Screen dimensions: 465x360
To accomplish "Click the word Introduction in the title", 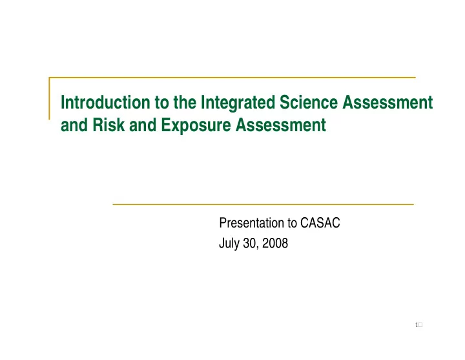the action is (105, 102).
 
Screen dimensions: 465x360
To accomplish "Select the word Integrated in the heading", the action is (238, 103).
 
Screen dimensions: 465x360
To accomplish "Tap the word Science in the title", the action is (309, 102).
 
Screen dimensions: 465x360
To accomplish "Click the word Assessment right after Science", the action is (387, 102).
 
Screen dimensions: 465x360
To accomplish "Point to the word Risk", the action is (108, 125).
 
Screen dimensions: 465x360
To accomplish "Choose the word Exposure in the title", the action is (196, 125).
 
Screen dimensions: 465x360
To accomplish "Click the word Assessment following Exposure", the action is (281, 125).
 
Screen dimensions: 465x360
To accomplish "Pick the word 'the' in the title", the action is (185, 102).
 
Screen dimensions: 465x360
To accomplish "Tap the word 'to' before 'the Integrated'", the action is (161, 103).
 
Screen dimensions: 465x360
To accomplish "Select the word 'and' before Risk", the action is (74, 125).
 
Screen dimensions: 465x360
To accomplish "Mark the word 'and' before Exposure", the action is (143, 125).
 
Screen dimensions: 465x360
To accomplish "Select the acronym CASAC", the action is (320, 222).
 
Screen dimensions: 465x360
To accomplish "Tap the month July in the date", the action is (229, 244).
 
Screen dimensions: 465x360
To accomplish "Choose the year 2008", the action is (275, 243).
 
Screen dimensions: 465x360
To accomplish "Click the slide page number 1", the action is (417, 325).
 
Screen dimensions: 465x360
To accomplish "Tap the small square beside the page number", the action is (420, 325).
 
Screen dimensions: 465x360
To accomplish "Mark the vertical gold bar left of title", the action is (49, 98).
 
